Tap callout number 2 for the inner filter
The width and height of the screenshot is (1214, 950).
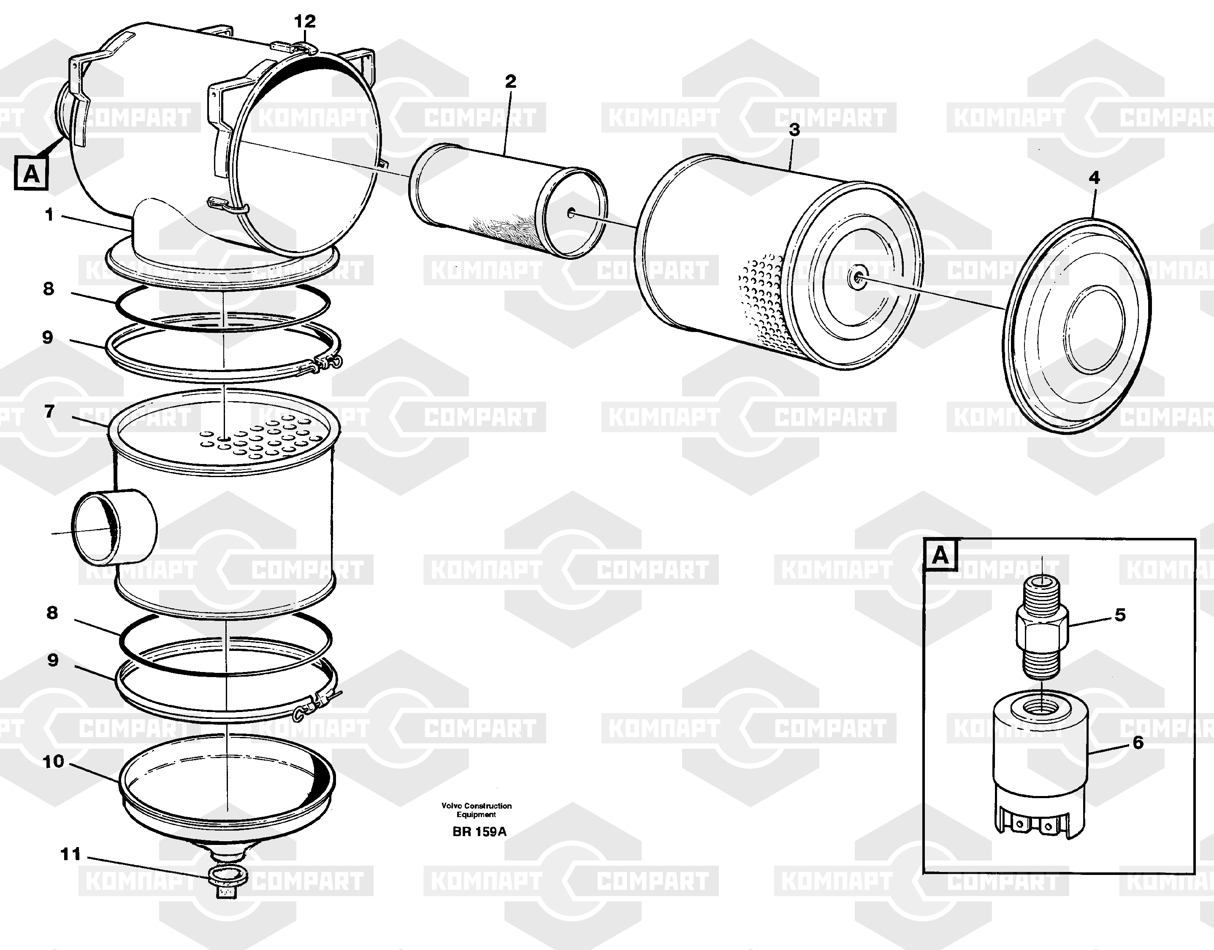coord(510,81)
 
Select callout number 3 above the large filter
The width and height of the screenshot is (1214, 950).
coord(794,130)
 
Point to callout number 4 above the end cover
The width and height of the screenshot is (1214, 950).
coord(1094,178)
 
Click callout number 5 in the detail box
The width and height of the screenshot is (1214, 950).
coord(1120,615)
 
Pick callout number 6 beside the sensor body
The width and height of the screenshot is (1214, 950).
coord(1138,742)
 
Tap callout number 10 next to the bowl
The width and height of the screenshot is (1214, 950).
coord(54,761)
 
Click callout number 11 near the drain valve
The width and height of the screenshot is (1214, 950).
coord(70,854)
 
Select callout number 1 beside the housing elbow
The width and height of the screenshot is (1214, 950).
coord(49,214)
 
